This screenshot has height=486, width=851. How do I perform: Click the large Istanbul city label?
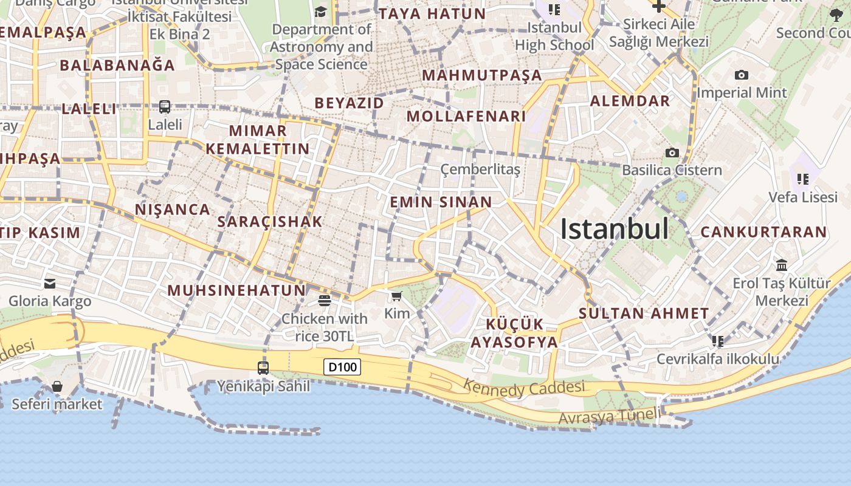click(614, 229)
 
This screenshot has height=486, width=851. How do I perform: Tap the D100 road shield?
click(343, 367)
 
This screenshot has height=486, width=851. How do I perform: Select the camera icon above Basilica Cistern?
click(672, 152)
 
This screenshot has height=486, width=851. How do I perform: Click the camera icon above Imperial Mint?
click(741, 75)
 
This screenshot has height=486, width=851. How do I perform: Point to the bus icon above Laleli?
click(165, 107)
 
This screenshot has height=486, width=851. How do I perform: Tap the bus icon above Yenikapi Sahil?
click(263, 368)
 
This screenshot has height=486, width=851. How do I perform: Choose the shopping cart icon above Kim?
click(397, 296)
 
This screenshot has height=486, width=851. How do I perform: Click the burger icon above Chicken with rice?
click(324, 300)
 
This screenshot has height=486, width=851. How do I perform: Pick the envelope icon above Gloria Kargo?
click(50, 283)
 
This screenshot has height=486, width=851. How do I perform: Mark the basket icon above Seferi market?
click(57, 386)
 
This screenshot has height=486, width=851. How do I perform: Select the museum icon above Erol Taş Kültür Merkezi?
click(781, 265)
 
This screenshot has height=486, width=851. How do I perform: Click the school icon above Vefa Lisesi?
click(802, 179)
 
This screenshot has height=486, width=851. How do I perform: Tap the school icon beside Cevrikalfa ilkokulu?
click(718, 341)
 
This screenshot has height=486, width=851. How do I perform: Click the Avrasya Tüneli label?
click(609, 417)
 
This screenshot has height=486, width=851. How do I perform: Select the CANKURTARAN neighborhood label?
click(763, 232)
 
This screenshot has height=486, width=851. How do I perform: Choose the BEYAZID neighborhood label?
click(349, 103)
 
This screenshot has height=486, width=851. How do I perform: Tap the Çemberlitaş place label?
click(480, 169)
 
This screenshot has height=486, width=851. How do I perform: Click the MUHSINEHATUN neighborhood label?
click(236, 290)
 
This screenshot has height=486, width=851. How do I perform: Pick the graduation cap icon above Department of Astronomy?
click(320, 12)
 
